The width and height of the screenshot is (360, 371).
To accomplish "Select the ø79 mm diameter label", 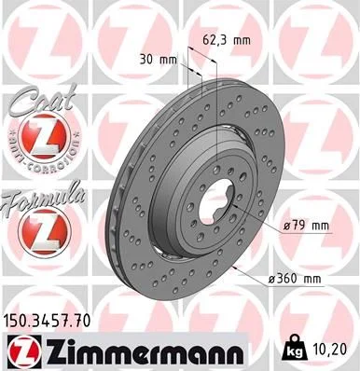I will click(309, 227).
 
